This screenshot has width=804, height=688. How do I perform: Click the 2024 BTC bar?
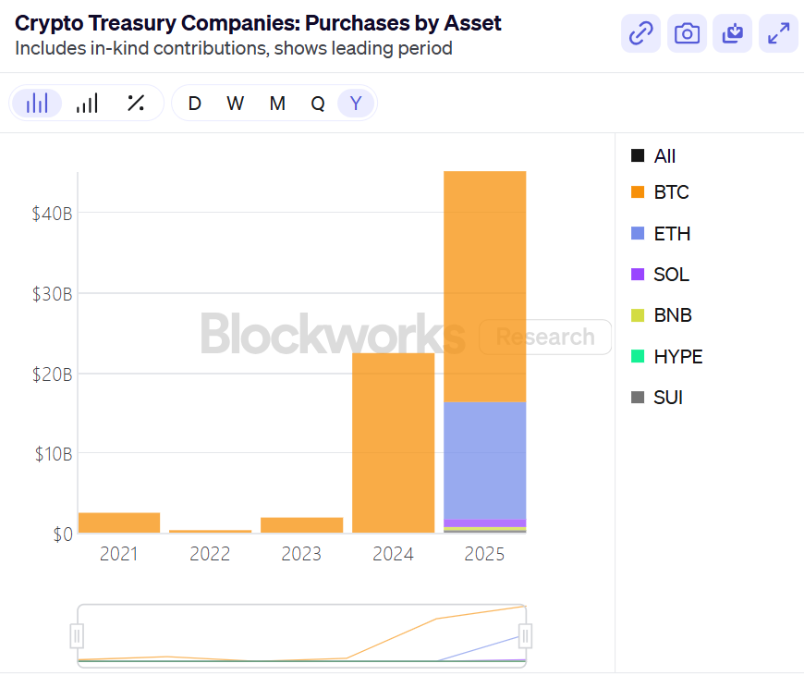[394, 443]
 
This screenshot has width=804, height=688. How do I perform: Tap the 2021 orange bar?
[119, 522]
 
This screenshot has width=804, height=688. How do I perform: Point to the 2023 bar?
[301, 525]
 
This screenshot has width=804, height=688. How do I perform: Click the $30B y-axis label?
[51, 294]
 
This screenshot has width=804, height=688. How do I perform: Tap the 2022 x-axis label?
[210, 554]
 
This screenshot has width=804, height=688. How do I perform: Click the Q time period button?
[318, 104]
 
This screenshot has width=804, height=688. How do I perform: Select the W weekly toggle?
[236, 104]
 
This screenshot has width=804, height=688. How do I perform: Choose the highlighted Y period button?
[356, 104]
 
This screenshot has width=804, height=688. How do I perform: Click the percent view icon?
[136, 104]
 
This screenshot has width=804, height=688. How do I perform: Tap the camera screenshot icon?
[687, 34]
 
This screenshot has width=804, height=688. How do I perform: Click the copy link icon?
[640, 34]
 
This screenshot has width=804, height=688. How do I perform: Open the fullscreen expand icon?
[779, 34]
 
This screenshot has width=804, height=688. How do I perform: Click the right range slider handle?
[525, 635]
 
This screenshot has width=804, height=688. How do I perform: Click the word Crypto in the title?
[45, 23]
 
